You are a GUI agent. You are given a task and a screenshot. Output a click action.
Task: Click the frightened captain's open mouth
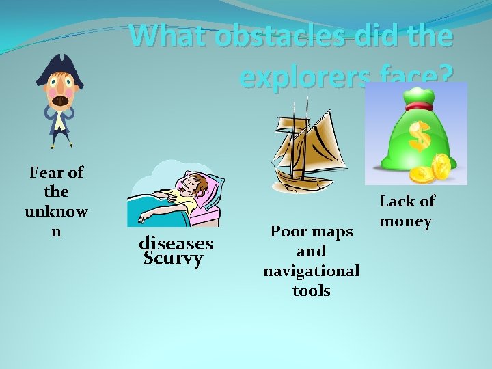pos(61,100)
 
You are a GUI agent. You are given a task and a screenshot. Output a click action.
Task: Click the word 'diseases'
pos(176,243)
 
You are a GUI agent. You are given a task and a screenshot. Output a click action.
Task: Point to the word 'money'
pos(406,221)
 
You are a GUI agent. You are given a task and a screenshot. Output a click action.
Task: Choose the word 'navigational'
pos(312,271)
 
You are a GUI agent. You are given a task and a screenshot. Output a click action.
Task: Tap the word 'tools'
pos(312,290)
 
